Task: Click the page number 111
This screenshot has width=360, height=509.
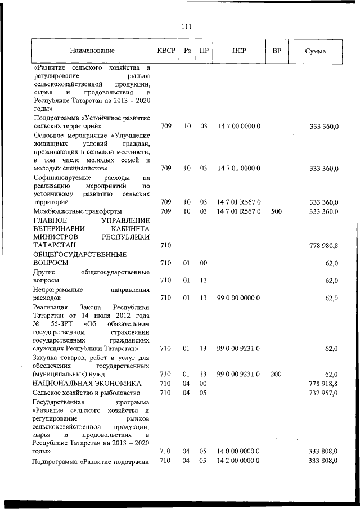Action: point(187,26)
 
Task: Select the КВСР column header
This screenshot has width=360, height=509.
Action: point(166,51)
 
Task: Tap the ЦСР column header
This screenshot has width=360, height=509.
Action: point(238,51)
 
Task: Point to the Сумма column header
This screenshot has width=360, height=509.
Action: point(316,51)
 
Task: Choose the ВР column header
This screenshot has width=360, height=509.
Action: point(276,51)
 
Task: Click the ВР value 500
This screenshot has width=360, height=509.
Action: point(276,211)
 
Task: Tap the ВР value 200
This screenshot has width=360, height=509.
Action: point(276,373)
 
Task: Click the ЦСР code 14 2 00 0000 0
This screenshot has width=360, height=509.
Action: point(238,461)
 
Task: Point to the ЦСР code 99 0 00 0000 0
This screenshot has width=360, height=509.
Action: point(238,298)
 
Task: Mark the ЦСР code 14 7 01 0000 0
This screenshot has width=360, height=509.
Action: point(238,168)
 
